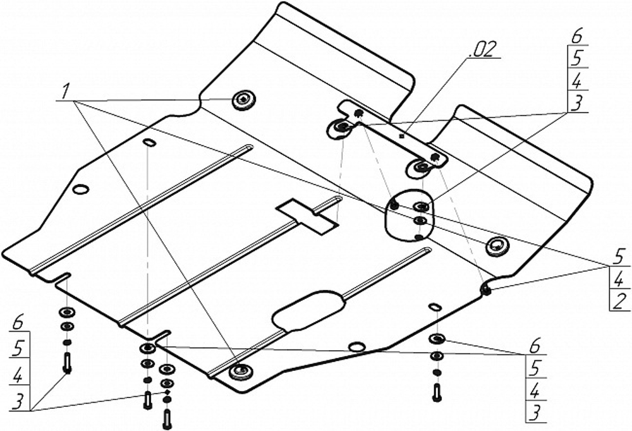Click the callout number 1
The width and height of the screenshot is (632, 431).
click(x=64, y=92)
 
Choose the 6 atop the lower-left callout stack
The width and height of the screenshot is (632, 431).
click(x=18, y=322)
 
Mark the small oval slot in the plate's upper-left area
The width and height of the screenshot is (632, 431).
click(x=149, y=142)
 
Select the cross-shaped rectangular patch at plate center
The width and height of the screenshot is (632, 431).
click(x=307, y=215)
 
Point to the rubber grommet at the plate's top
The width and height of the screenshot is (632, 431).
click(x=243, y=100)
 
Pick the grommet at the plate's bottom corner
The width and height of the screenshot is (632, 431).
click(x=240, y=371)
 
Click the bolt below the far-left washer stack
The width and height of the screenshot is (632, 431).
click(x=68, y=363)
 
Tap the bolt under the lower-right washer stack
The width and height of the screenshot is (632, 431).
click(x=436, y=392)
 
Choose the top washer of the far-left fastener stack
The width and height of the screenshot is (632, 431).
click(x=66, y=312)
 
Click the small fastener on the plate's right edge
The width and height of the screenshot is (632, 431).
click(x=487, y=289)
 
